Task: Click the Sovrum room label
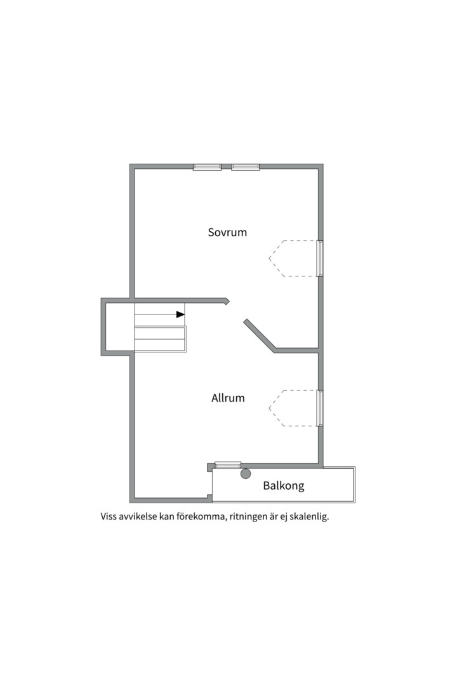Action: [227, 232]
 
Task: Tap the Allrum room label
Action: [228, 398]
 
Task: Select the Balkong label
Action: [283, 486]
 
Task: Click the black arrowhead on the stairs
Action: [180, 314]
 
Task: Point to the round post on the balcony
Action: [246, 473]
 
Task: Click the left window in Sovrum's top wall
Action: [208, 166]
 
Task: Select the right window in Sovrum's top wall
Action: [246, 166]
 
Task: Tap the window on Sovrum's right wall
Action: [320, 258]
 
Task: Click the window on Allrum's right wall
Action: [320, 408]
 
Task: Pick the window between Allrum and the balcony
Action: [228, 464]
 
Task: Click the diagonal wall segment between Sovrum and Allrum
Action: [260, 335]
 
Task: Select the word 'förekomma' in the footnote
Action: [201, 516]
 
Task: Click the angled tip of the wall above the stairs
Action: [228, 301]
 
